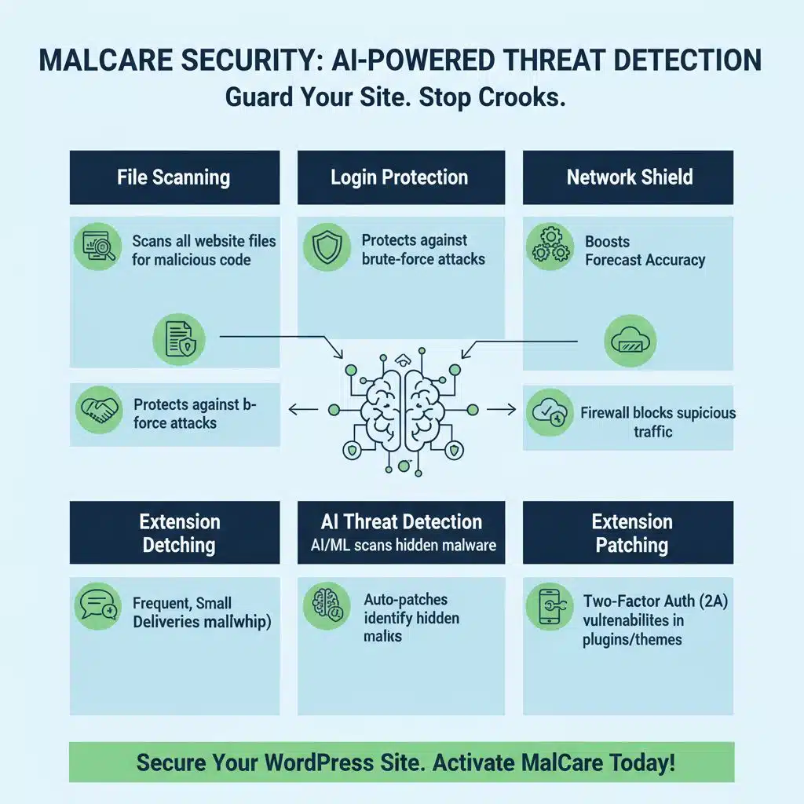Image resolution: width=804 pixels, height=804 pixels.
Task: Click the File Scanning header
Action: (174, 177)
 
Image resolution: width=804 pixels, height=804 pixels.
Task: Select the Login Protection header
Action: (400, 177)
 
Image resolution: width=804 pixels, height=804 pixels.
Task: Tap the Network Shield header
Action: (629, 177)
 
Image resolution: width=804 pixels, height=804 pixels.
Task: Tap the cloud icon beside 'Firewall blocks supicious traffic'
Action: (550, 413)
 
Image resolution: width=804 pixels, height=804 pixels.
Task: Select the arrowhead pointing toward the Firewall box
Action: (511, 409)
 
